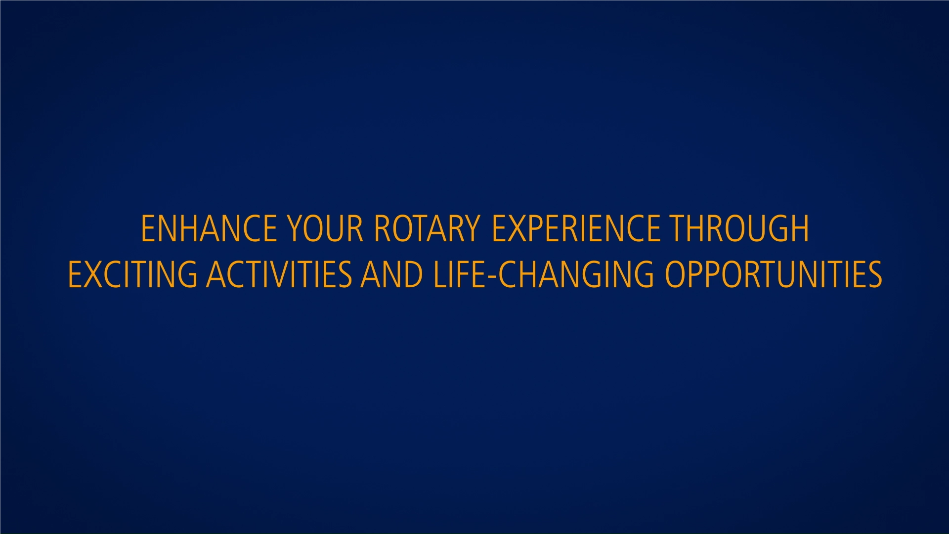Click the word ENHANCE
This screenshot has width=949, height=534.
(209, 228)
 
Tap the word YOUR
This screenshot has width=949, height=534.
(325, 228)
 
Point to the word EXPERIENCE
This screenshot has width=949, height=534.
(576, 228)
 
